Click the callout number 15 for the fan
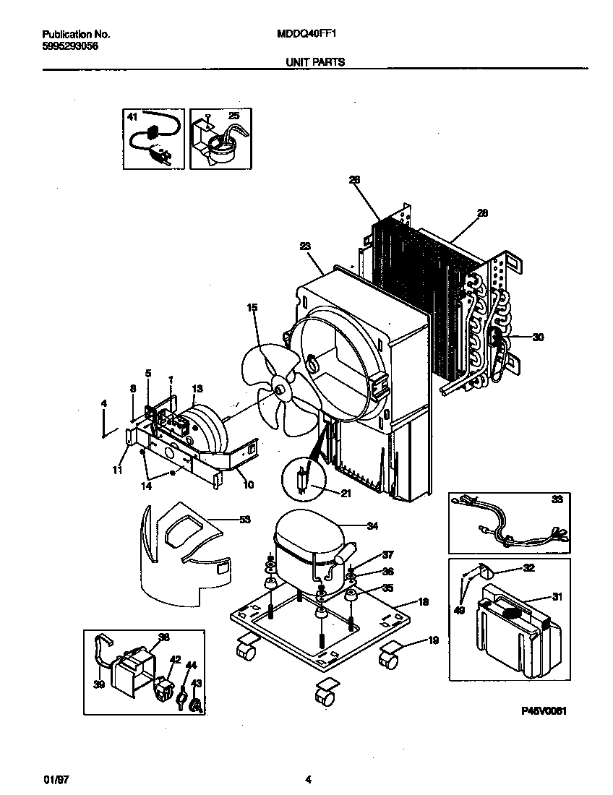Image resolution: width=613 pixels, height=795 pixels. [252, 308]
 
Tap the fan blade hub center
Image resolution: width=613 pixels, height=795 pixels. [279, 390]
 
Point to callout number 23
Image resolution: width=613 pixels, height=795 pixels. [305, 246]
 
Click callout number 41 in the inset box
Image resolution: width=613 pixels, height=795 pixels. [132, 116]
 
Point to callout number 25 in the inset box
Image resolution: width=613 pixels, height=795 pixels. [233, 116]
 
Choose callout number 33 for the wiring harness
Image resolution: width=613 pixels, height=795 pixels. [557, 499]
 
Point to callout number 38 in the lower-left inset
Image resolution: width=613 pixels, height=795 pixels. [163, 637]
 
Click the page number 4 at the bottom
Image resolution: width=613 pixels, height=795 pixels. [309, 779]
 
